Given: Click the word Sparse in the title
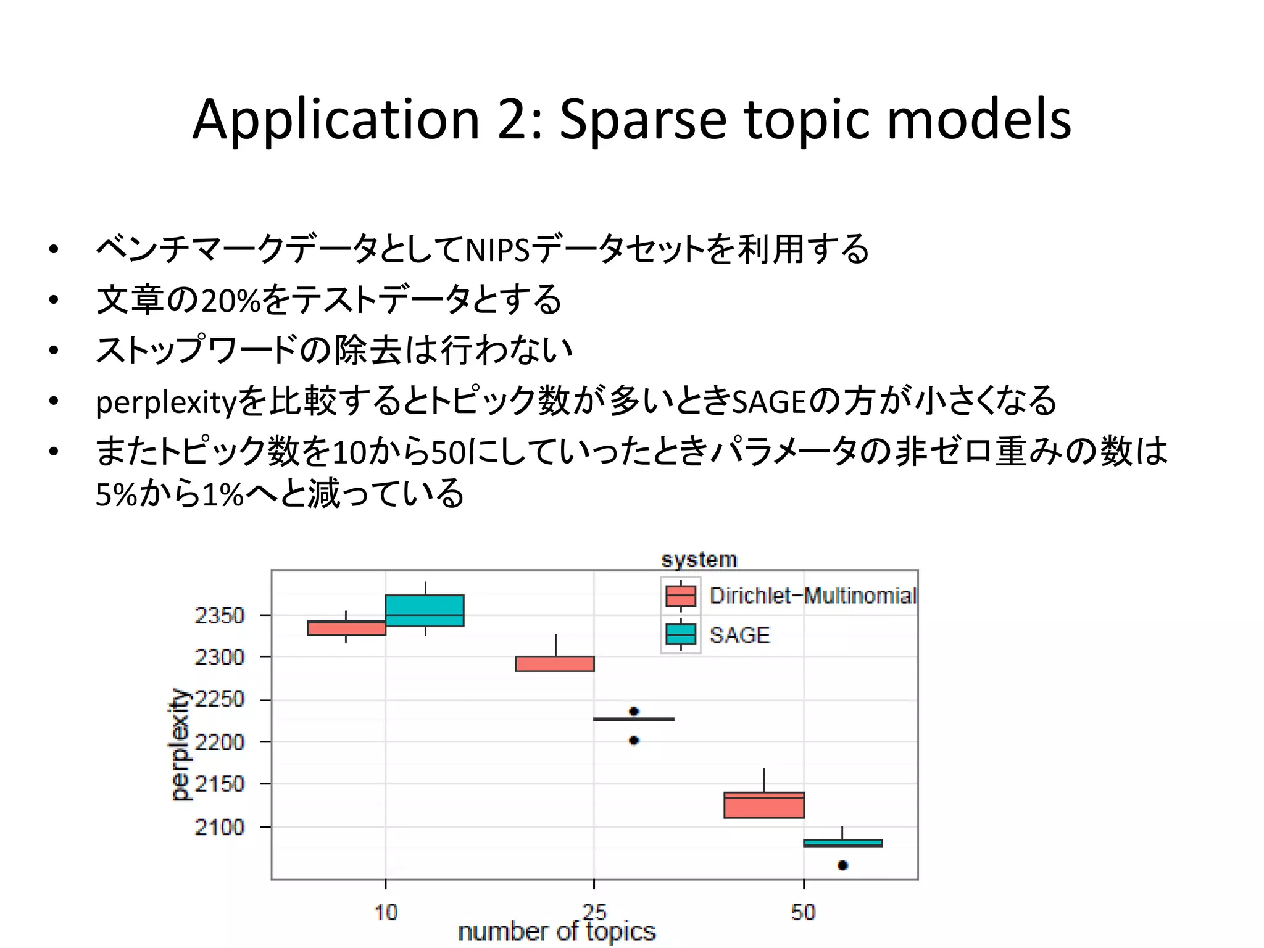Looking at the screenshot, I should pos(642,121).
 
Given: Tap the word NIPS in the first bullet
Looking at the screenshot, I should pos(497,251).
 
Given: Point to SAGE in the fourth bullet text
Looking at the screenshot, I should pos(769,402).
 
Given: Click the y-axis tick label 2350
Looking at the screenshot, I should pos(219,615).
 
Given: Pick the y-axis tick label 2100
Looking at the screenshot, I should pos(219,827).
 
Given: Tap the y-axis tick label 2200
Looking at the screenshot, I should pos(219,742).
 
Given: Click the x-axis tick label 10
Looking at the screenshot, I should pos(386,912).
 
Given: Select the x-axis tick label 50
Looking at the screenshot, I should pos(803,912).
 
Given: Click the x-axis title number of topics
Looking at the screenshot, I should pos(556,931).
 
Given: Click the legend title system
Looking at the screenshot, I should pos(699,560).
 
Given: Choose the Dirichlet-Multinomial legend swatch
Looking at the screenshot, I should pos(680,596).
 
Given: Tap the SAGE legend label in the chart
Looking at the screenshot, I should pos(739,635).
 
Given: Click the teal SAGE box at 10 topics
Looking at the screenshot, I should pos(425,610).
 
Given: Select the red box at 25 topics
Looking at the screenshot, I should pos(555,664).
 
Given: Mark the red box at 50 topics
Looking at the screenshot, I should pos(764,805).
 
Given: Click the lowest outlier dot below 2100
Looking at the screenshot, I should pos(842,865).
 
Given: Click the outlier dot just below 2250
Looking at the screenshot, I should pos(634,712).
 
